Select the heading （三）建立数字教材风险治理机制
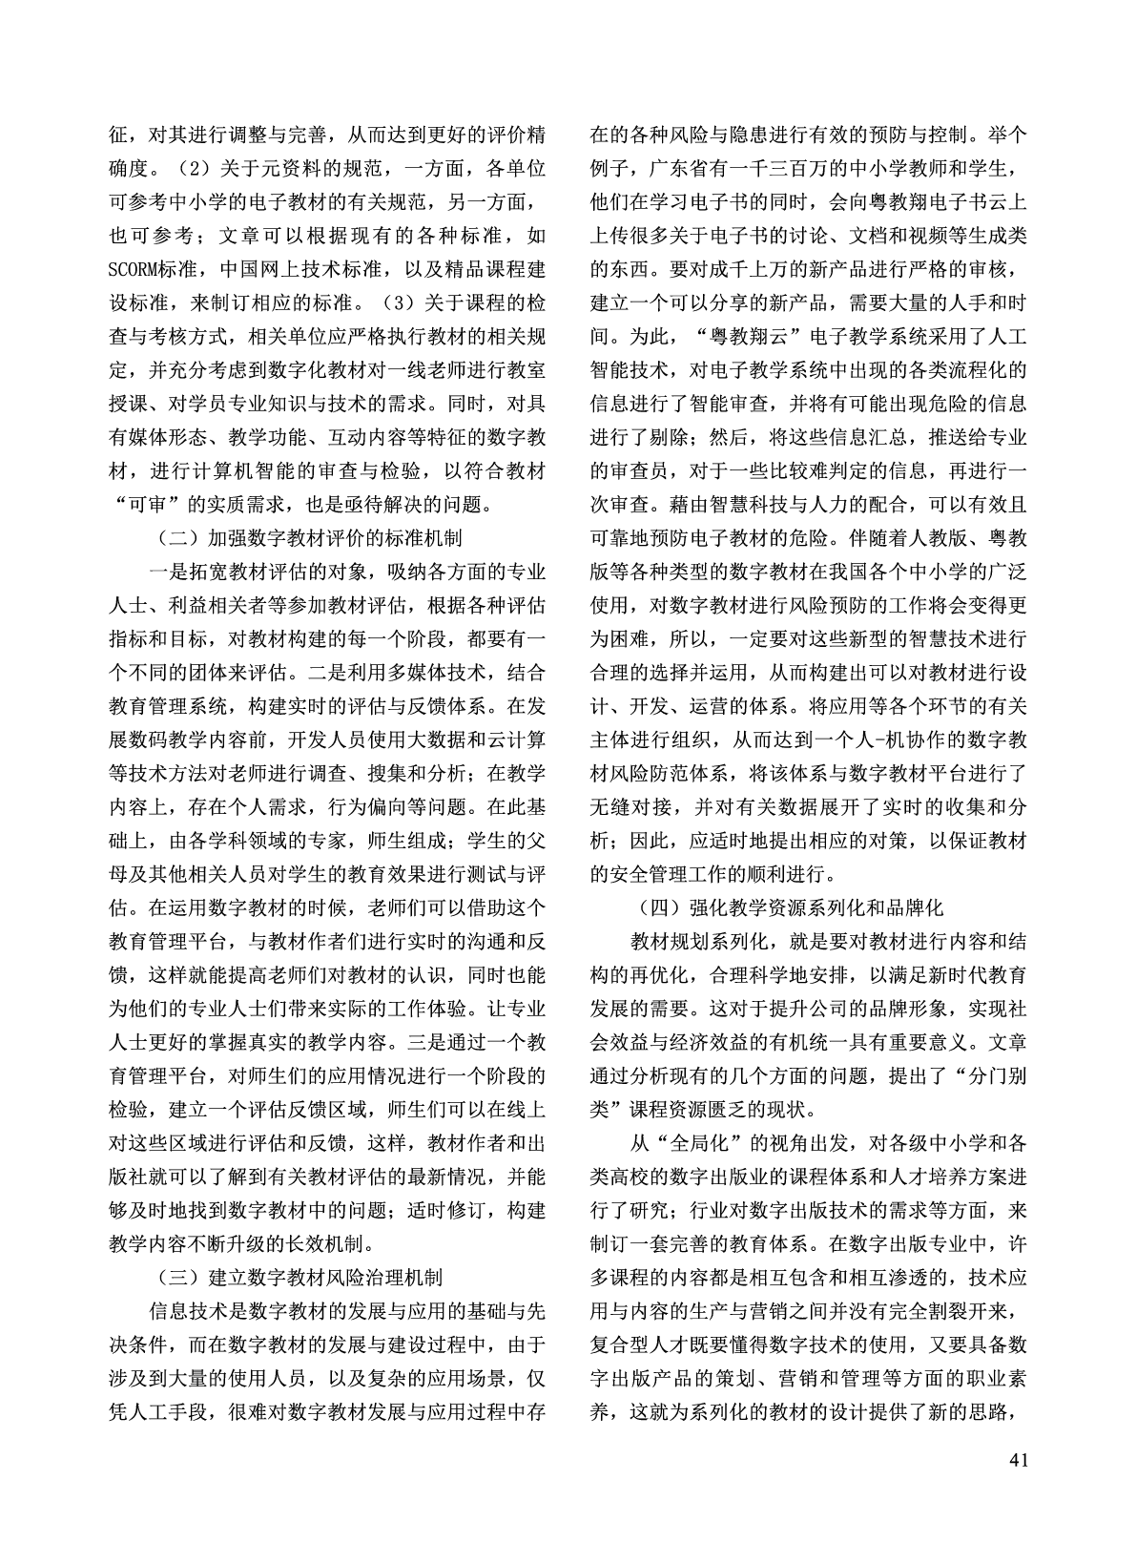299,1277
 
